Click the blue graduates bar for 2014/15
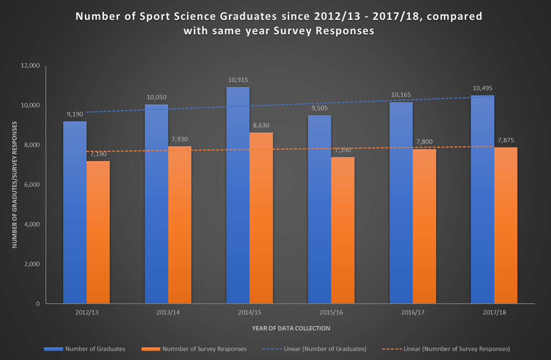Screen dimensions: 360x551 pos(238,195)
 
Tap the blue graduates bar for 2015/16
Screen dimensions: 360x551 pos(319,209)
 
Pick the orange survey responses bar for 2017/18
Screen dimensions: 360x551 pos(506,225)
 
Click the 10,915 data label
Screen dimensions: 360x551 pos(238,80)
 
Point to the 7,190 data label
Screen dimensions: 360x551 pos(98,154)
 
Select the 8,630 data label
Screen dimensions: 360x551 pos(261,125)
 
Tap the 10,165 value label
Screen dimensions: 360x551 pos(401,95)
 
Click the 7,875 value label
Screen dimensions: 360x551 pos(506,140)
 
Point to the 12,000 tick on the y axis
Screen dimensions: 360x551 pos(30,65)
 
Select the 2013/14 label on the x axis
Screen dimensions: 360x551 pos(168,312)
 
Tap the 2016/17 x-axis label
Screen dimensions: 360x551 pos(413,312)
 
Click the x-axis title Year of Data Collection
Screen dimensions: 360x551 pos(291,328)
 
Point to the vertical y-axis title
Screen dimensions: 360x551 pos(14,185)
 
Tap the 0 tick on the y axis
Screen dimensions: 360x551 pos(38,304)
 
